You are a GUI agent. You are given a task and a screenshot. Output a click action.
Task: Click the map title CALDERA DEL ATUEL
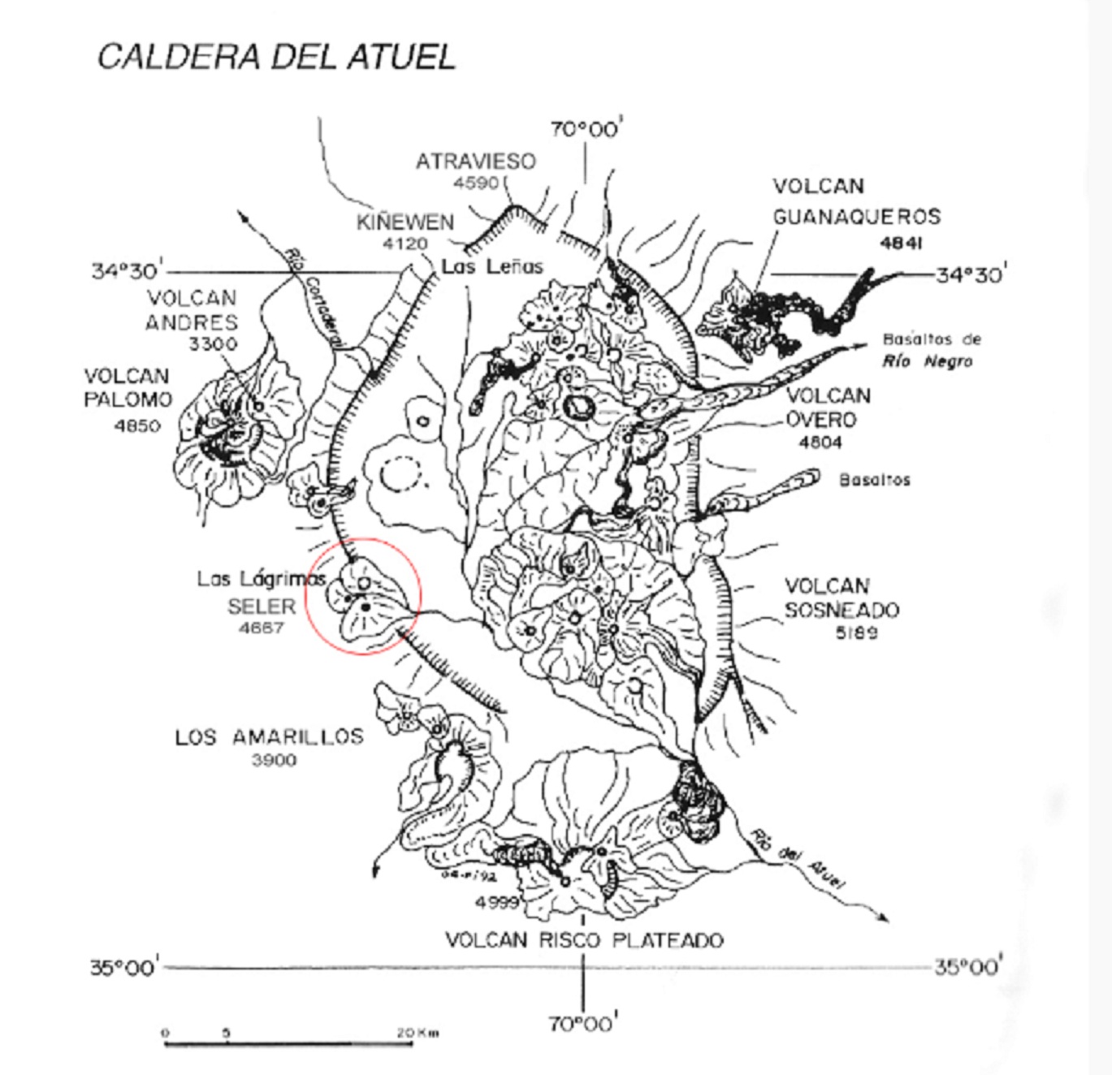click(276, 57)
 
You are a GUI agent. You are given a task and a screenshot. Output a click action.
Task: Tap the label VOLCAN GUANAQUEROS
click(855, 201)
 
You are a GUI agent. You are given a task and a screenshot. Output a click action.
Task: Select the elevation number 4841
click(901, 243)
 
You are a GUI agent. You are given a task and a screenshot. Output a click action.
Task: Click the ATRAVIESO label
click(476, 162)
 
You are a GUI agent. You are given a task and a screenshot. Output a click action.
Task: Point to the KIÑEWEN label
click(405, 222)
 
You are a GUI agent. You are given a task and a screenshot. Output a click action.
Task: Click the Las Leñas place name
click(492, 266)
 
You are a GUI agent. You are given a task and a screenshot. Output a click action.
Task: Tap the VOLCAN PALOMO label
click(128, 388)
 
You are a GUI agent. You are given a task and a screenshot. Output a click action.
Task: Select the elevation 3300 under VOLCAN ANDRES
click(213, 344)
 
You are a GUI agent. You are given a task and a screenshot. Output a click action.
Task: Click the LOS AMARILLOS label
click(269, 737)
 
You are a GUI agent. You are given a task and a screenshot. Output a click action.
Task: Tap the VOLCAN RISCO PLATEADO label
click(584, 940)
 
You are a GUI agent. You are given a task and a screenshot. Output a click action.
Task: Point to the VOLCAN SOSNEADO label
click(841, 598)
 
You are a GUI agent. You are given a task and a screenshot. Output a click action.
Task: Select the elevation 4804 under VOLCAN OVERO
click(820, 443)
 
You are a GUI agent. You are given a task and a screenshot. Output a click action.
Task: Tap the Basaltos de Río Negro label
click(931, 350)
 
